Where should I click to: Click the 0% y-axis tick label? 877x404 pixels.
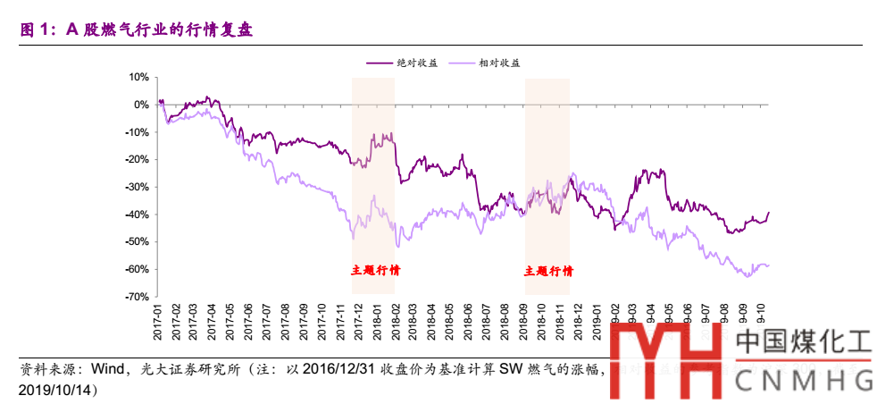pyautogui.click(x=139, y=105)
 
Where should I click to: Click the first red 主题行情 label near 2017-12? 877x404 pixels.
pyautogui.click(x=374, y=271)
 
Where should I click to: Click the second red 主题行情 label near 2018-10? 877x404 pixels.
pyautogui.click(x=548, y=271)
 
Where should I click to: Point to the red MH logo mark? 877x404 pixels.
pyautogui.click(x=665, y=362)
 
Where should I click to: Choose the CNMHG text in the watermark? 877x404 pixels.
pyautogui.click(x=804, y=383)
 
